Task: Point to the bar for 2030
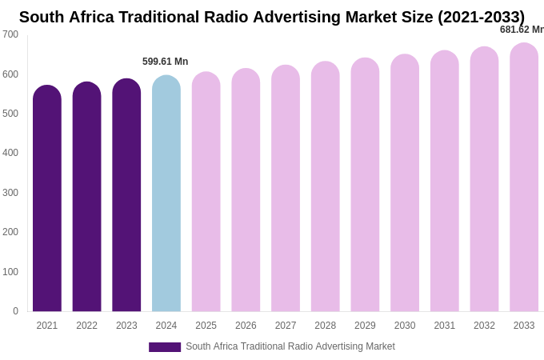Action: tap(405, 183)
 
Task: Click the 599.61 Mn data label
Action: tap(166, 62)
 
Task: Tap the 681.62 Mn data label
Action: tap(522, 30)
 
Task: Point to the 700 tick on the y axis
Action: tap(10, 34)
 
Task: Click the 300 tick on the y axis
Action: tap(10, 193)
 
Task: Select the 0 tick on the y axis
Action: tap(15, 311)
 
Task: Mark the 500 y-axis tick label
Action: tap(10, 114)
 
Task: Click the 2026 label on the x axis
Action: tap(246, 326)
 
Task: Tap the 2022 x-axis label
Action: tap(86, 326)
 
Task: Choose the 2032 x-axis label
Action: tap(484, 326)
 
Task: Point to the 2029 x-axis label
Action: tap(365, 326)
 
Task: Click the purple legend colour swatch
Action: tap(165, 347)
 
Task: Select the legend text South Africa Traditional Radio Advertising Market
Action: tap(290, 346)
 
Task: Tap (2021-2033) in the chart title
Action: tap(481, 17)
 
